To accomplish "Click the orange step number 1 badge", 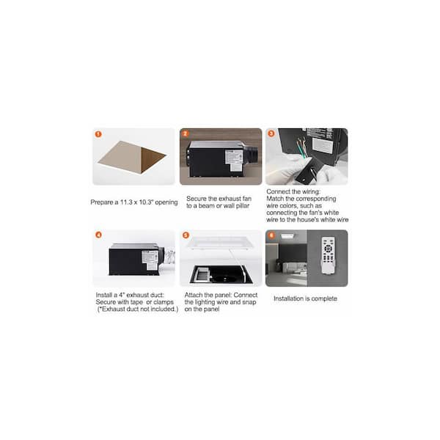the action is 98,134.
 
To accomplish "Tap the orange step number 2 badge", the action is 185,133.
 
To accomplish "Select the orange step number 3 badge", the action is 271,133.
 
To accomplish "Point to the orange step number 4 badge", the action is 98,235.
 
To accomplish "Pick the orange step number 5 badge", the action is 186,235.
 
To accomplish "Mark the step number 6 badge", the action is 271,235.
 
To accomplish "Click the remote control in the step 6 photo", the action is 328,255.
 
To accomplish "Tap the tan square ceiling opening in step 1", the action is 132,157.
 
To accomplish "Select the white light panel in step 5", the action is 220,243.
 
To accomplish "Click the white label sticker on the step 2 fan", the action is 235,160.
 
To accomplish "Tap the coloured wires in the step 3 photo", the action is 301,148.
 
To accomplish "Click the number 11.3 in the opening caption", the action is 126,202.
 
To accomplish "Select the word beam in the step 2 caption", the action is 206,205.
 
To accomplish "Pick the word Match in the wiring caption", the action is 275,199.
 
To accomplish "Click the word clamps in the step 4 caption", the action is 164,302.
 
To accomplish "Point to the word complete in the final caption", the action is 324,299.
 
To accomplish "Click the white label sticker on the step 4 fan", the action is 150,260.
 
